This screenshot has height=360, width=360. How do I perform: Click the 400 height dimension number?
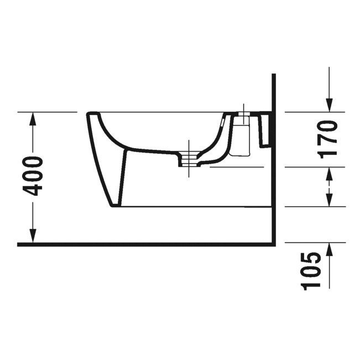(34, 176)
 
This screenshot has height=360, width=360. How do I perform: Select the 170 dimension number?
(328, 138)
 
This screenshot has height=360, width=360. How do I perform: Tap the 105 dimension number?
(313, 271)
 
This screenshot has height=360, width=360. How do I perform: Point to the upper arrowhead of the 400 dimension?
(33, 117)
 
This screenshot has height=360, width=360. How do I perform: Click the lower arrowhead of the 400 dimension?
(33, 237)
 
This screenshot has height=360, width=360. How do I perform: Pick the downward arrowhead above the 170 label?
(329, 105)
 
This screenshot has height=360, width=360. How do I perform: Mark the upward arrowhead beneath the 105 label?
(329, 249)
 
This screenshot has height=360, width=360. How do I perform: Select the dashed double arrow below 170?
(329, 186)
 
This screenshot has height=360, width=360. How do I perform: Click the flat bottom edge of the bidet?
(194, 207)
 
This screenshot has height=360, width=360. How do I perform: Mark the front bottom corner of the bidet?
(113, 206)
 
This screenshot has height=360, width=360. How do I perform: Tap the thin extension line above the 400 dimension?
(47, 112)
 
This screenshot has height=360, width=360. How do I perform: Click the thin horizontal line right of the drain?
(238, 166)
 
